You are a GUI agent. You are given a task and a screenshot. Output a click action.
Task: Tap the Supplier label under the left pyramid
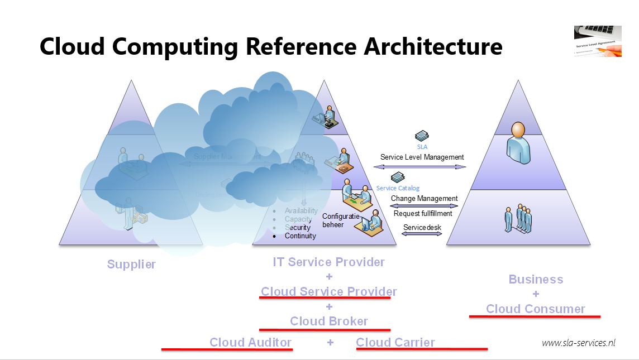coord(131,265)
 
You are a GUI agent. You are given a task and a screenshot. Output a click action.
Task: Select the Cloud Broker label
coord(329,321)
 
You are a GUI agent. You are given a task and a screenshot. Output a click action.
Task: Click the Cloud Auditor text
coord(250,342)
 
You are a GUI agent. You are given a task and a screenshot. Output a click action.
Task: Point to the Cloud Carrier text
coord(395,342)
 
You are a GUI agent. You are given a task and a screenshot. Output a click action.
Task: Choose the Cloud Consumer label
coord(535,309)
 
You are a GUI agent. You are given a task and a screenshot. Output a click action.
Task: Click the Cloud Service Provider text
coord(329,291)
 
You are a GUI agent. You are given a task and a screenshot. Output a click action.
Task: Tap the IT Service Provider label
coord(329,262)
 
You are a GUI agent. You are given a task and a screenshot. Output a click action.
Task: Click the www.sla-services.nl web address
coord(578,343)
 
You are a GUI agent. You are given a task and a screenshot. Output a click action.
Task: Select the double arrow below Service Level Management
coord(422,167)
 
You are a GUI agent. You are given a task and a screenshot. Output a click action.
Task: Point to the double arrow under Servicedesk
coord(422,234)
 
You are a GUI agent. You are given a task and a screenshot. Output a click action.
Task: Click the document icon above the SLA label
coord(422,136)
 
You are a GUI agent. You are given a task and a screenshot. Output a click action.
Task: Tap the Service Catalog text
coord(398,188)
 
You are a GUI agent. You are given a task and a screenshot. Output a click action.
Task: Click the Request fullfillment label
coord(423,213)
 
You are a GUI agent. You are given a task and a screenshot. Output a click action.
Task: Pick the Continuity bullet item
coord(300,236)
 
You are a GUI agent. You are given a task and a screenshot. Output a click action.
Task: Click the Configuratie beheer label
coord(337,220)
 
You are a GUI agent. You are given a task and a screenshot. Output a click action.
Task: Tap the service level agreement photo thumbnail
coord(597,41)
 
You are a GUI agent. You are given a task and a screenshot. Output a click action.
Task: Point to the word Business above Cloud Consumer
coord(536,279)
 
